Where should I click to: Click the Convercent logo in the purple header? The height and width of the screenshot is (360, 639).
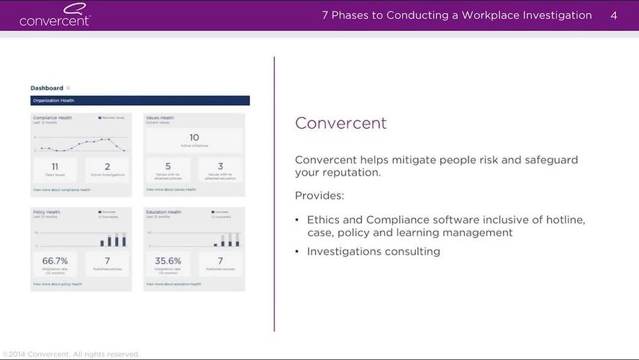(55, 15)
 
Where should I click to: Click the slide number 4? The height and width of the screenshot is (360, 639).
(614, 15)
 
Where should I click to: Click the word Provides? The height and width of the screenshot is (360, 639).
(319, 196)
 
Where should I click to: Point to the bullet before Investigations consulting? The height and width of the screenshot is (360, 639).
(298, 252)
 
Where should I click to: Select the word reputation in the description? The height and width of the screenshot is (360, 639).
(350, 173)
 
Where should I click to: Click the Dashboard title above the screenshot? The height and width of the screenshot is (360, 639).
(47, 88)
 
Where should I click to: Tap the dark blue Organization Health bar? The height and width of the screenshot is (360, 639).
(140, 101)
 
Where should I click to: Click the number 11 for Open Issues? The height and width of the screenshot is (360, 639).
(55, 166)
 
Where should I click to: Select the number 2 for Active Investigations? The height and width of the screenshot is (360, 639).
(107, 166)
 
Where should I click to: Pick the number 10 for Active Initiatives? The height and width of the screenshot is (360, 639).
(194, 138)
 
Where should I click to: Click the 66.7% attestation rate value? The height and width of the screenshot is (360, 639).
(55, 261)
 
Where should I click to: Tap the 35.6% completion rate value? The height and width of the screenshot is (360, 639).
(168, 261)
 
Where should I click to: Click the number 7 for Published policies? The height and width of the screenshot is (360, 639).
(107, 261)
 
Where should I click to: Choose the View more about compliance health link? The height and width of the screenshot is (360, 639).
(62, 190)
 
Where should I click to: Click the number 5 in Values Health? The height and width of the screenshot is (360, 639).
(168, 166)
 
